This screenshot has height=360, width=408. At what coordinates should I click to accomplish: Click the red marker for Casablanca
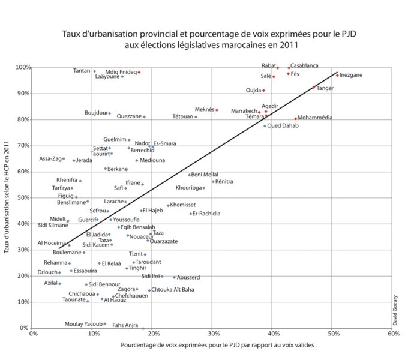click(289, 68)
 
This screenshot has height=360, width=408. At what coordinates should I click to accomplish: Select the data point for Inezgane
click(337, 75)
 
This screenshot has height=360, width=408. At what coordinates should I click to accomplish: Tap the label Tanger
click(325, 88)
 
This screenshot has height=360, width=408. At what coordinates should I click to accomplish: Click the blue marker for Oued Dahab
click(265, 125)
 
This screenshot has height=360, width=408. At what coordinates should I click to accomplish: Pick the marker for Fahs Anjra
click(143, 328)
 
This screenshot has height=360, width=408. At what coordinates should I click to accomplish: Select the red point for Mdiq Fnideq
click(139, 72)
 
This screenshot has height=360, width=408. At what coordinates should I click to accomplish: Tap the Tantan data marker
click(94, 71)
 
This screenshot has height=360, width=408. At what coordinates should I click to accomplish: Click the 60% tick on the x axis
click(393, 334)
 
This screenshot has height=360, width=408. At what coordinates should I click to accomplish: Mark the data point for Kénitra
click(212, 181)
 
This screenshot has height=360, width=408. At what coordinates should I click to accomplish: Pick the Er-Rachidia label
click(206, 214)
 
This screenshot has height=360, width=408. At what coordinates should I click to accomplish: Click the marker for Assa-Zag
click(64, 158)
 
